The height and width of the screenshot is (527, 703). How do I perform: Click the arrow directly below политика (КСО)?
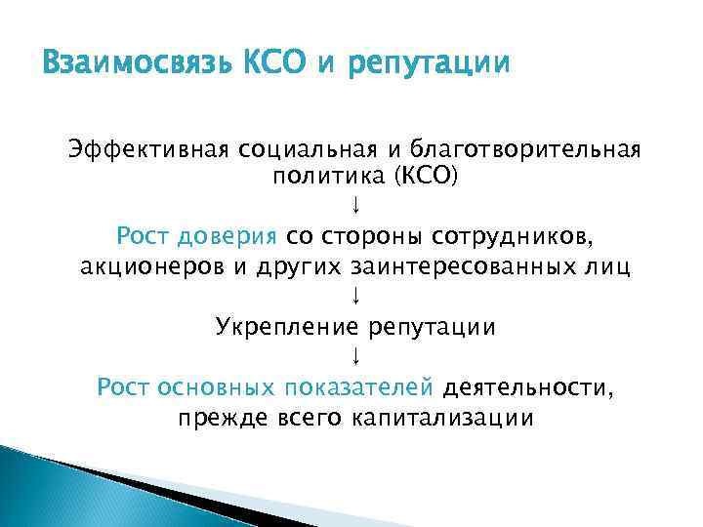click(x=356, y=206)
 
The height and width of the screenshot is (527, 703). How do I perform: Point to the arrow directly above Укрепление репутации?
click(x=356, y=295)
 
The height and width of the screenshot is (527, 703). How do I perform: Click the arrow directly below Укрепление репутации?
click(x=356, y=355)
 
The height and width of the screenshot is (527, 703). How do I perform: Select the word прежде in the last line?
click(x=217, y=417)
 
